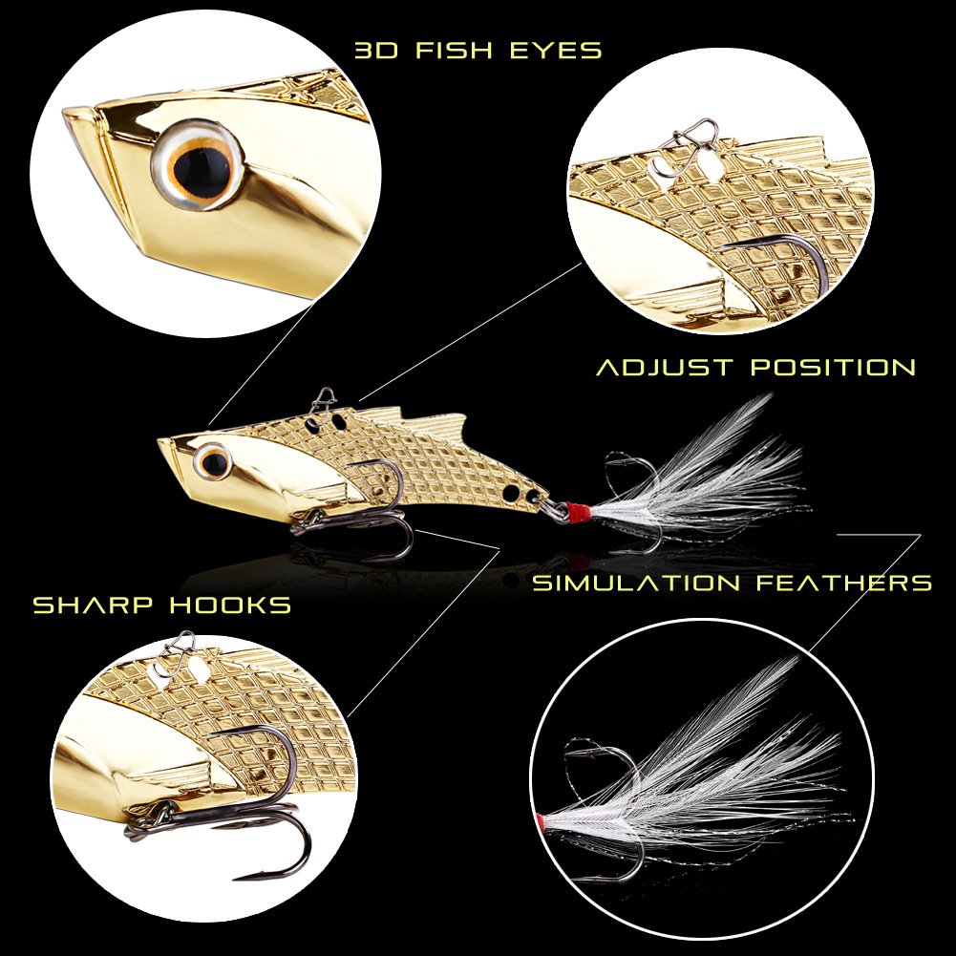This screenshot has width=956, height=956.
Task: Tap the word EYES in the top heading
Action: click(x=555, y=51)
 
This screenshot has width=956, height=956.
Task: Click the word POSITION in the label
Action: click(x=833, y=367)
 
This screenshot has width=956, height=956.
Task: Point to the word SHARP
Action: click(x=93, y=605)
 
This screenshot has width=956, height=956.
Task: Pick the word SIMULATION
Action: click(x=635, y=583)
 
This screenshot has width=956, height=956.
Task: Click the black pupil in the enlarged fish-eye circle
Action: click(x=207, y=162)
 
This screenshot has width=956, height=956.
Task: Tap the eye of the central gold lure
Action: click(x=215, y=463)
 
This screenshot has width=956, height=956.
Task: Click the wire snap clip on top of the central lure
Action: click(x=325, y=397)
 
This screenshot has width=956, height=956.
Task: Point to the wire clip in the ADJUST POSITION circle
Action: click(x=691, y=133)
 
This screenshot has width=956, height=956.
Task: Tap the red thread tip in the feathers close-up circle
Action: click(x=543, y=820)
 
